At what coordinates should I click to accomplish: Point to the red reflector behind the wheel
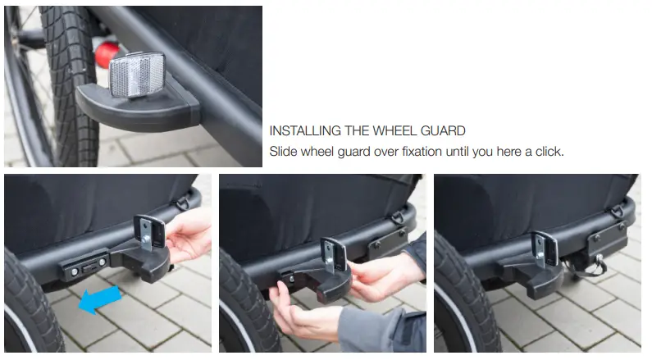pyautogui.click(x=107, y=53)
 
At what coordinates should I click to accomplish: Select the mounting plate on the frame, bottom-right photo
pyautogui.click(x=608, y=238)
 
